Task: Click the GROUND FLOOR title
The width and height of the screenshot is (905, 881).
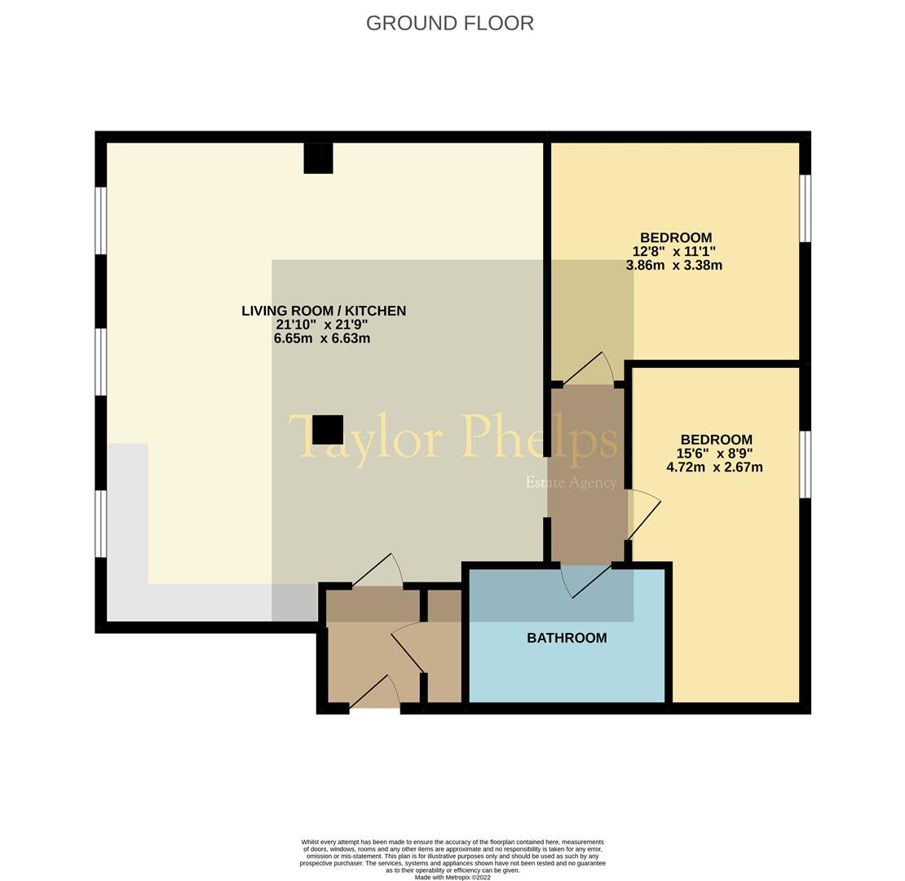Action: [x=449, y=24]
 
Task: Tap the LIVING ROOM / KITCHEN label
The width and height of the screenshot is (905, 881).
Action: [x=324, y=311]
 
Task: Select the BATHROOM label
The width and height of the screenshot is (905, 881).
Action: [x=567, y=638]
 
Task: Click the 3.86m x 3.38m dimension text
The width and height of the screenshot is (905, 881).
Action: [x=673, y=265]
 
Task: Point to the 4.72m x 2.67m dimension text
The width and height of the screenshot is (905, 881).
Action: [x=714, y=467]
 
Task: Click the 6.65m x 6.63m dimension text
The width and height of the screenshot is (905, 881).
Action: [x=322, y=338]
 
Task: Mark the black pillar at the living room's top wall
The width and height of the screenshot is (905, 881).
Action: [x=318, y=158]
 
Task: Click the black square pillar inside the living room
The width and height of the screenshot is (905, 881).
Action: [x=328, y=430]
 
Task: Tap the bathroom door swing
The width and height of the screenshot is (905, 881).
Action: [x=585, y=580]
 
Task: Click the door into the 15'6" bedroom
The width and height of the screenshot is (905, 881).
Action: [x=643, y=517]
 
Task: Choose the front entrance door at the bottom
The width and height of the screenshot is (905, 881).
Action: [x=375, y=693]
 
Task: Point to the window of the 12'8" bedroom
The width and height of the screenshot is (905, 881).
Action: [x=805, y=208]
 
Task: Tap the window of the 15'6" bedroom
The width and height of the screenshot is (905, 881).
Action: [x=805, y=464]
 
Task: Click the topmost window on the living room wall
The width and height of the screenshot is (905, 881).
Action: [x=101, y=220]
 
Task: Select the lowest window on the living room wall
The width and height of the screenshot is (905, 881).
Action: [x=101, y=523]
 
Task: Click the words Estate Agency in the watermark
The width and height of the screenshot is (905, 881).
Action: [x=571, y=482]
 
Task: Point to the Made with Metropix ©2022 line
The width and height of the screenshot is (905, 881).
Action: [x=452, y=878]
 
